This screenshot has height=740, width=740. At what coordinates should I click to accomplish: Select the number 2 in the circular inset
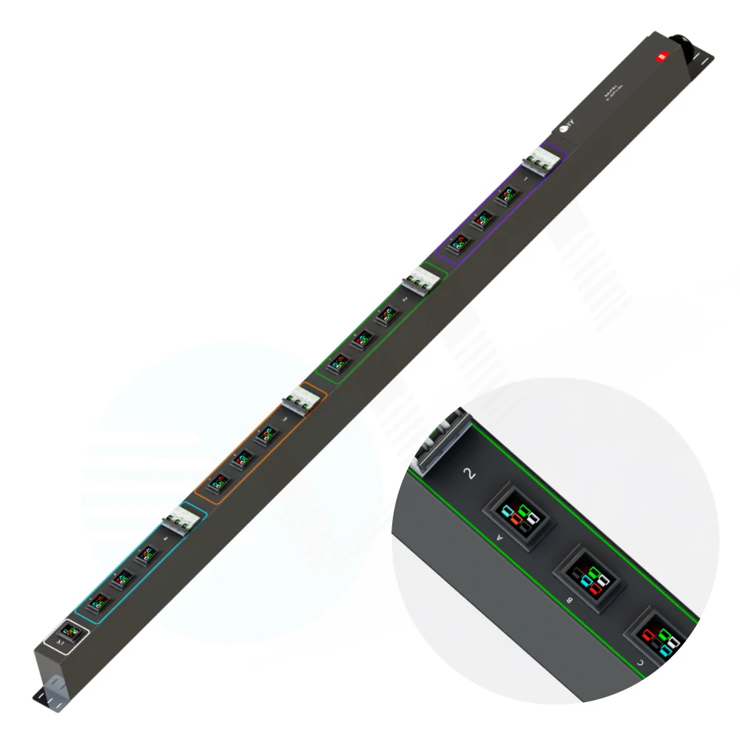point(467,474)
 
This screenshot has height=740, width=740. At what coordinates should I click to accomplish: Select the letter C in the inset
point(639,663)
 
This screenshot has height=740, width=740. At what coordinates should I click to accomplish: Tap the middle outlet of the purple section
point(483,218)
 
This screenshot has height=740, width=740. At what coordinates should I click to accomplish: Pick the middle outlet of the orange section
point(240,459)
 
